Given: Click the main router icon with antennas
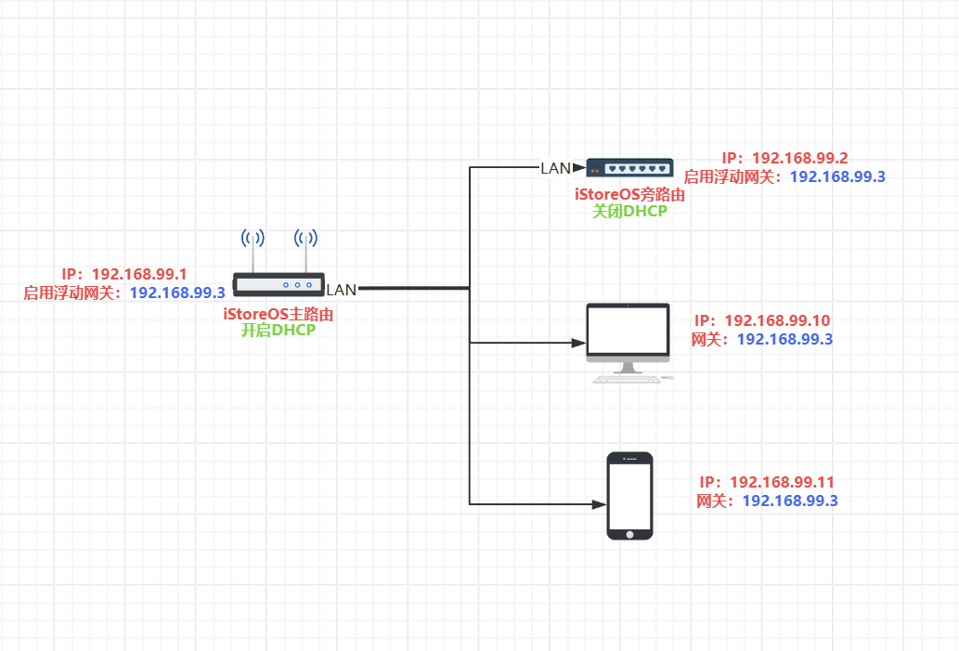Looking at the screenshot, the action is click(279, 263).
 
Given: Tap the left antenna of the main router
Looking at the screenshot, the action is click(253, 250).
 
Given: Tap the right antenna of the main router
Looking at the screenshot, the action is click(305, 250).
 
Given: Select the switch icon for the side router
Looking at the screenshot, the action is click(629, 168).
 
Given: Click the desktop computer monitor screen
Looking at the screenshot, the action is click(629, 331).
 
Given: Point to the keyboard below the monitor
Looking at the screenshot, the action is click(627, 379).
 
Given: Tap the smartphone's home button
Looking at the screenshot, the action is click(630, 534).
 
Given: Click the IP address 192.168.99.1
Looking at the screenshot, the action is click(139, 274).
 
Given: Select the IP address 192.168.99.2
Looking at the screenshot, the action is click(800, 159).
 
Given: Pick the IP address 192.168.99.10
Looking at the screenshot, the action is click(777, 320).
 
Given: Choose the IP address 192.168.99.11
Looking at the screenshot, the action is click(783, 482).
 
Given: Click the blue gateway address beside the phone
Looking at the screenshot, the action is click(790, 501).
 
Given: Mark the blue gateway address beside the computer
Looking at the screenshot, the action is click(785, 340).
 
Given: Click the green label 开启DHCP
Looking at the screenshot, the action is click(279, 331).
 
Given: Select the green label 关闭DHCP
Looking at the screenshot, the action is click(630, 212).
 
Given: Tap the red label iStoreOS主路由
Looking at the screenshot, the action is click(279, 315).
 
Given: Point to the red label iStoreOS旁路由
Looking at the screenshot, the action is click(630, 195).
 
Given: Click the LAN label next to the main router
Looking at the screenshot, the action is click(342, 290).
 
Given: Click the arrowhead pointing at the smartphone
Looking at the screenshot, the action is click(599, 505).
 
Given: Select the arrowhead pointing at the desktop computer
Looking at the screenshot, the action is click(578, 344).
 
